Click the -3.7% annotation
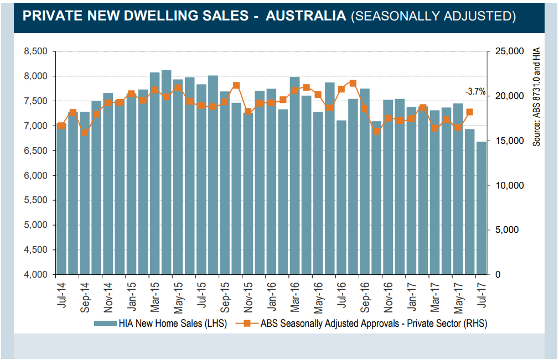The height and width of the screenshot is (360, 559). pos(475,92)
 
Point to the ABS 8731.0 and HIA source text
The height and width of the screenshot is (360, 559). pos(536,97)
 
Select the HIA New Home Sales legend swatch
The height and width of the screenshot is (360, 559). pos(105,324)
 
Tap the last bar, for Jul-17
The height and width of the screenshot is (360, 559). pos(482,208)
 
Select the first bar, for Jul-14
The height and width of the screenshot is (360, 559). pos(61,199)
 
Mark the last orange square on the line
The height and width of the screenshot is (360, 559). pos(469,112)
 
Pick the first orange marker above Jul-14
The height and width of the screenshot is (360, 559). pos(61,126)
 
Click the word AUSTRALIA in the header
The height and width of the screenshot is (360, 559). pos(306,16)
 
